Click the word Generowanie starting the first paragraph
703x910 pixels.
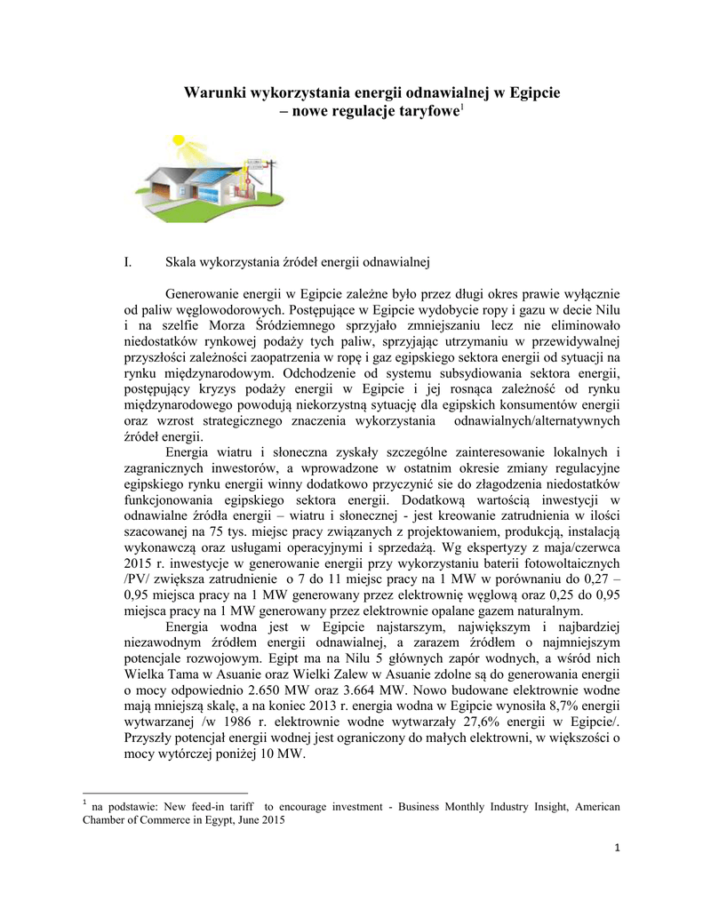(210, 293)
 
